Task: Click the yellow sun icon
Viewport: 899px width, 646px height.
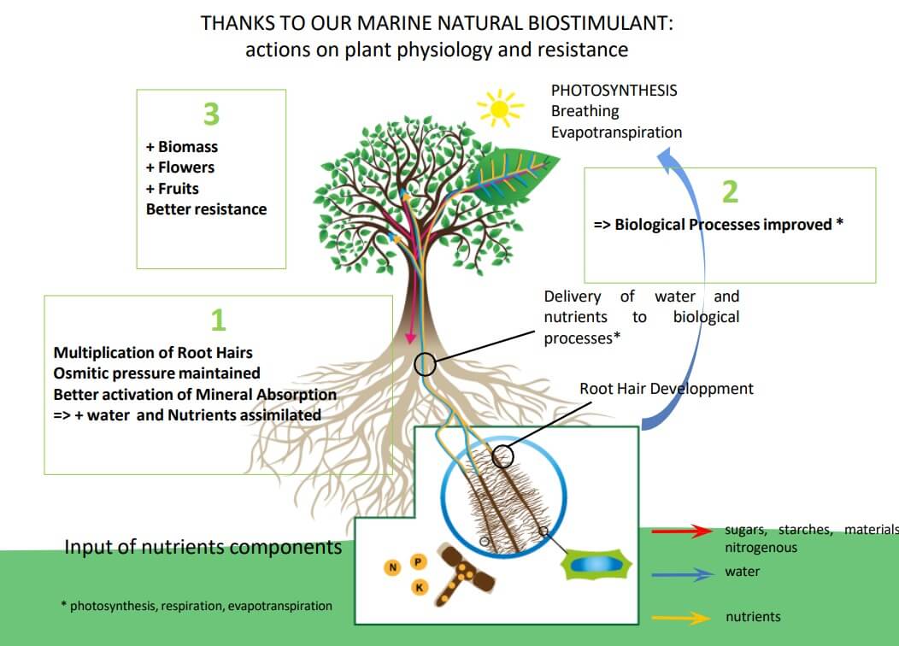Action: point(499,109)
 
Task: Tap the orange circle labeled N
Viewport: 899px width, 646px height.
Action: point(393,567)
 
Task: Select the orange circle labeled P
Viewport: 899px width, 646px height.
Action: point(418,561)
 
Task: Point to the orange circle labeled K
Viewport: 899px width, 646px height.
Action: point(420,587)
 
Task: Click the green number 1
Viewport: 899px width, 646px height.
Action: point(218,320)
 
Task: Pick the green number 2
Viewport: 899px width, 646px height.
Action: point(729,191)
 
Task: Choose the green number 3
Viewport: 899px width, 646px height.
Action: point(211,114)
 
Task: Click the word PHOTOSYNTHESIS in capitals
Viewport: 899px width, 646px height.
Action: point(614,90)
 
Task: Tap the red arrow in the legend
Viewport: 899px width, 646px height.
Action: point(681,531)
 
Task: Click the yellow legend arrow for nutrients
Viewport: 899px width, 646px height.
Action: point(681,617)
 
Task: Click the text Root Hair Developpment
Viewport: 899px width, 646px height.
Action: point(667,389)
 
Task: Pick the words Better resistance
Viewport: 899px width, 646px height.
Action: point(206,209)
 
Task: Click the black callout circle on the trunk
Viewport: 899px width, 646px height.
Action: point(425,365)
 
